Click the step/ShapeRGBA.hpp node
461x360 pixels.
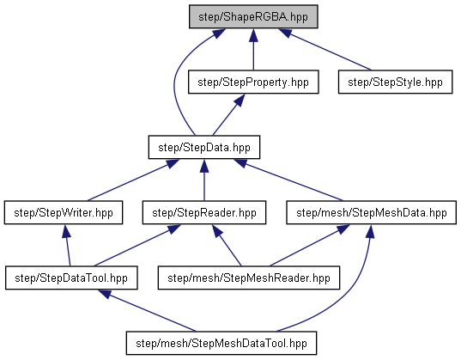pyautogui.click(x=253, y=16)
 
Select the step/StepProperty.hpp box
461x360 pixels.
pyautogui.click(x=253, y=82)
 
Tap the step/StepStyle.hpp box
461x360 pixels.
pyautogui.click(x=395, y=82)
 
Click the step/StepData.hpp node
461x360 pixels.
pyautogui.click(x=204, y=147)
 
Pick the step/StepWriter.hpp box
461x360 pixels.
pyautogui.click(x=64, y=212)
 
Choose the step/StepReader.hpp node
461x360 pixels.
pyautogui.click(x=204, y=212)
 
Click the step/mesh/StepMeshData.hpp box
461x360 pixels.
pyautogui.click(x=372, y=212)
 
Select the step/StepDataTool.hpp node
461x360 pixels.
pyautogui.click(x=71, y=278)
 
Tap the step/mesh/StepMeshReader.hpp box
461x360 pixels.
pyautogui.click(x=249, y=278)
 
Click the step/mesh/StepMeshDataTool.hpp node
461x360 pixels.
pyautogui.click(x=221, y=343)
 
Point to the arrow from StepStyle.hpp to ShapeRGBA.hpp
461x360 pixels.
pyautogui.click(x=325, y=50)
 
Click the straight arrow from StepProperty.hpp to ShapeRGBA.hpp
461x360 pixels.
pyautogui.click(x=253, y=50)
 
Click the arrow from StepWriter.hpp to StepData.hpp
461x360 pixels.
pyautogui.click(x=133, y=180)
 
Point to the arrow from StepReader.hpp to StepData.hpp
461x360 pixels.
pyautogui.click(x=204, y=180)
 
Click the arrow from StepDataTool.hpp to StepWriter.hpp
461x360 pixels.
pyautogui.click(x=68, y=246)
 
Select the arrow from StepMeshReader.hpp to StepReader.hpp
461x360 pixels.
pyautogui.click(x=227, y=246)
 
